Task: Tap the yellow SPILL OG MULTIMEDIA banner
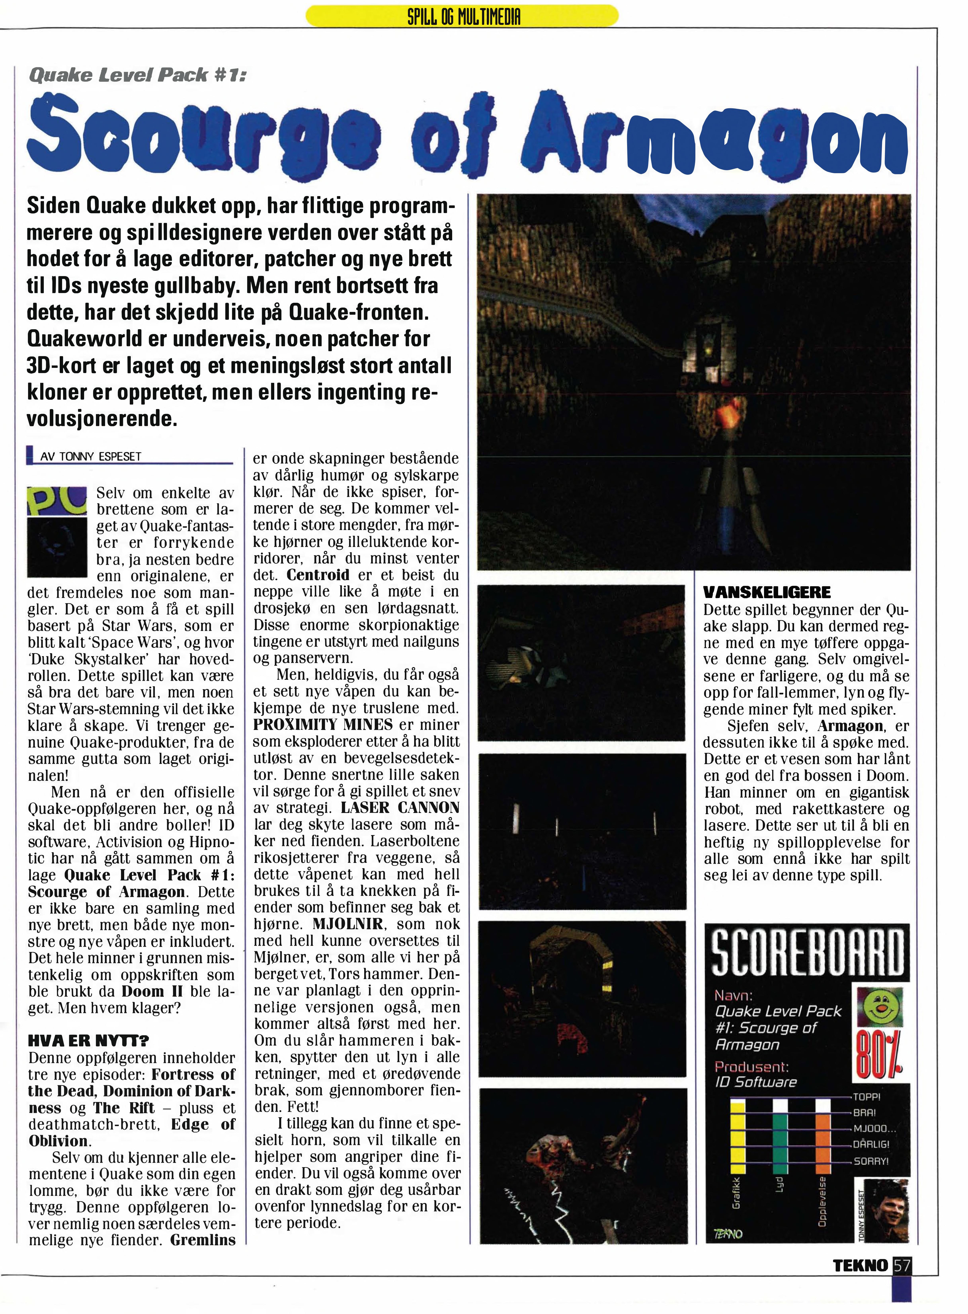pos(462,16)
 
